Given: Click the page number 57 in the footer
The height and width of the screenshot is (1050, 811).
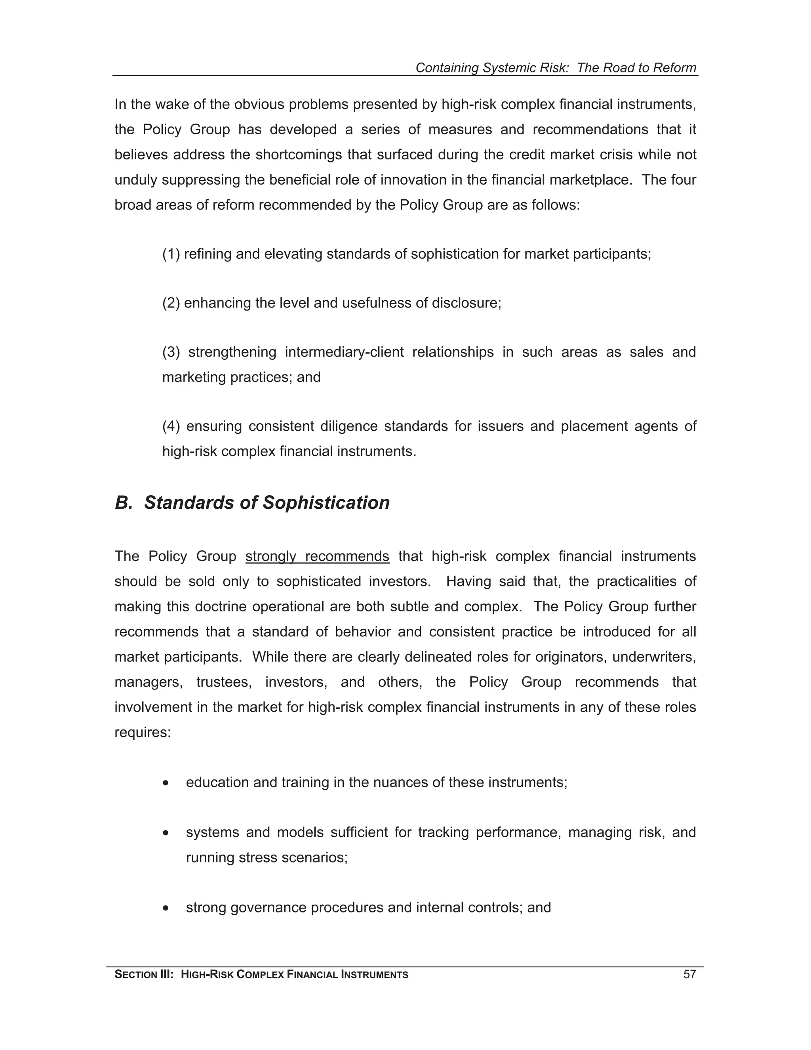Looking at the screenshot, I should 689,975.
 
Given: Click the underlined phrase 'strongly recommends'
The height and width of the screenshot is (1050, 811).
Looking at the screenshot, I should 317,556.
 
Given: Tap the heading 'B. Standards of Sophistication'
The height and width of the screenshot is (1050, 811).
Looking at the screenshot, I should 252,502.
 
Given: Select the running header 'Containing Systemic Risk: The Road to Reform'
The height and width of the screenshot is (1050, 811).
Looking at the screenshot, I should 556,68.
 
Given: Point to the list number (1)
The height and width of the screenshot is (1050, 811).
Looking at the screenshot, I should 171,254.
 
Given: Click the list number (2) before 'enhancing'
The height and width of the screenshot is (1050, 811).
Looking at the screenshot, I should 171,303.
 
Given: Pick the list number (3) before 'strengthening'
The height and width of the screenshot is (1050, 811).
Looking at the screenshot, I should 171,352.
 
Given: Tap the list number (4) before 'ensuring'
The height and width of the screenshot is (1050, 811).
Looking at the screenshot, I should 171,426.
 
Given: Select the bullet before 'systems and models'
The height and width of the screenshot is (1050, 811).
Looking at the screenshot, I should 166,833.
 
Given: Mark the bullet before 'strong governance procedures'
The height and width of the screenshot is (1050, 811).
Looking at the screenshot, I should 166,908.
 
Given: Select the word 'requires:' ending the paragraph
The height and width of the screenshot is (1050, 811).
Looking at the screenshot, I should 143,732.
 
